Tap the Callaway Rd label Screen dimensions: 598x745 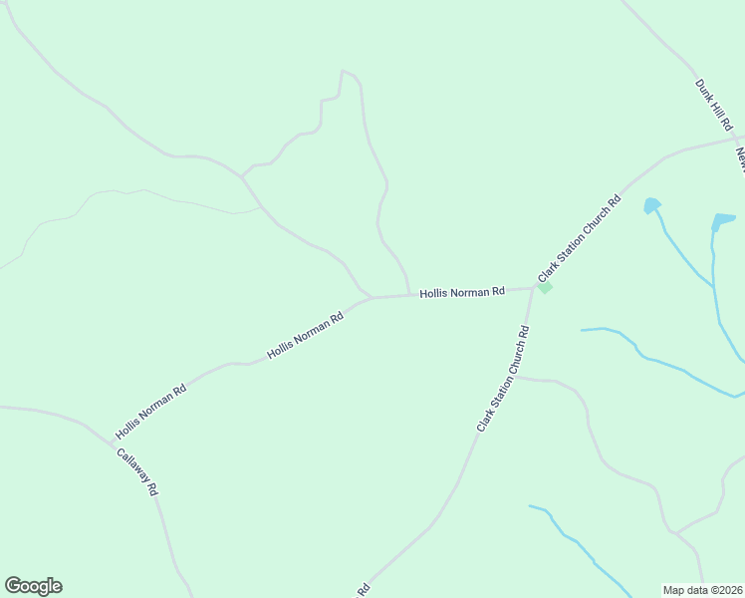137,473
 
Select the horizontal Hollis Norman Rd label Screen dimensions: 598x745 462,292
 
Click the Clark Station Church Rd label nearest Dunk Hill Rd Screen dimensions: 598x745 579,239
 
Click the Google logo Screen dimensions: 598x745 33,586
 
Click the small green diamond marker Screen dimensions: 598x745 544,287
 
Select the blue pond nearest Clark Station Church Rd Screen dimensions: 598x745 651,205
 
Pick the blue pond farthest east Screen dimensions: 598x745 723,219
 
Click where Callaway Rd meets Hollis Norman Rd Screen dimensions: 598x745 111,440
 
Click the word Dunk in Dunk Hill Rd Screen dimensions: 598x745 703,88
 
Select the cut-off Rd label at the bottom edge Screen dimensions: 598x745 364,589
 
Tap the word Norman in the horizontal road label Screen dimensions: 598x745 470,292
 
